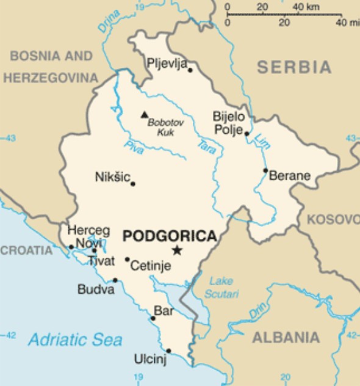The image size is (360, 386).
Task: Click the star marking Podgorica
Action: [x=177, y=250]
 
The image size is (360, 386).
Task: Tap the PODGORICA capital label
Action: [x=170, y=236]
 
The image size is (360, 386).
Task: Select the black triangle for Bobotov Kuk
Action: [x=145, y=114]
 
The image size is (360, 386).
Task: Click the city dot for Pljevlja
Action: [x=190, y=70]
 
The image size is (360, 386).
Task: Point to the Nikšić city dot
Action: [x=133, y=183]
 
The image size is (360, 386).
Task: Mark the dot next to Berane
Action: [x=265, y=170]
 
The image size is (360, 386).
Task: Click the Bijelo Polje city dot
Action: [x=247, y=133]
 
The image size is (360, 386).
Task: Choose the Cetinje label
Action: [x=151, y=266]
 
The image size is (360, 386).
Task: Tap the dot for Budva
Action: [x=115, y=280]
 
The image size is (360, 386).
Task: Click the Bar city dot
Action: [x=153, y=318]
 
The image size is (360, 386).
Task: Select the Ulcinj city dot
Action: [x=168, y=351]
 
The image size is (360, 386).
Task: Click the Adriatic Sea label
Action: [x=75, y=340]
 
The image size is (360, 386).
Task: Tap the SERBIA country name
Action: [x=293, y=67]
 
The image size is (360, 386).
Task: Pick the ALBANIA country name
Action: [x=286, y=337]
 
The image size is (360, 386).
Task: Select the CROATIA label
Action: [x=27, y=250]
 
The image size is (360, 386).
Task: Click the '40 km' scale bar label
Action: [x=306, y=7]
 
